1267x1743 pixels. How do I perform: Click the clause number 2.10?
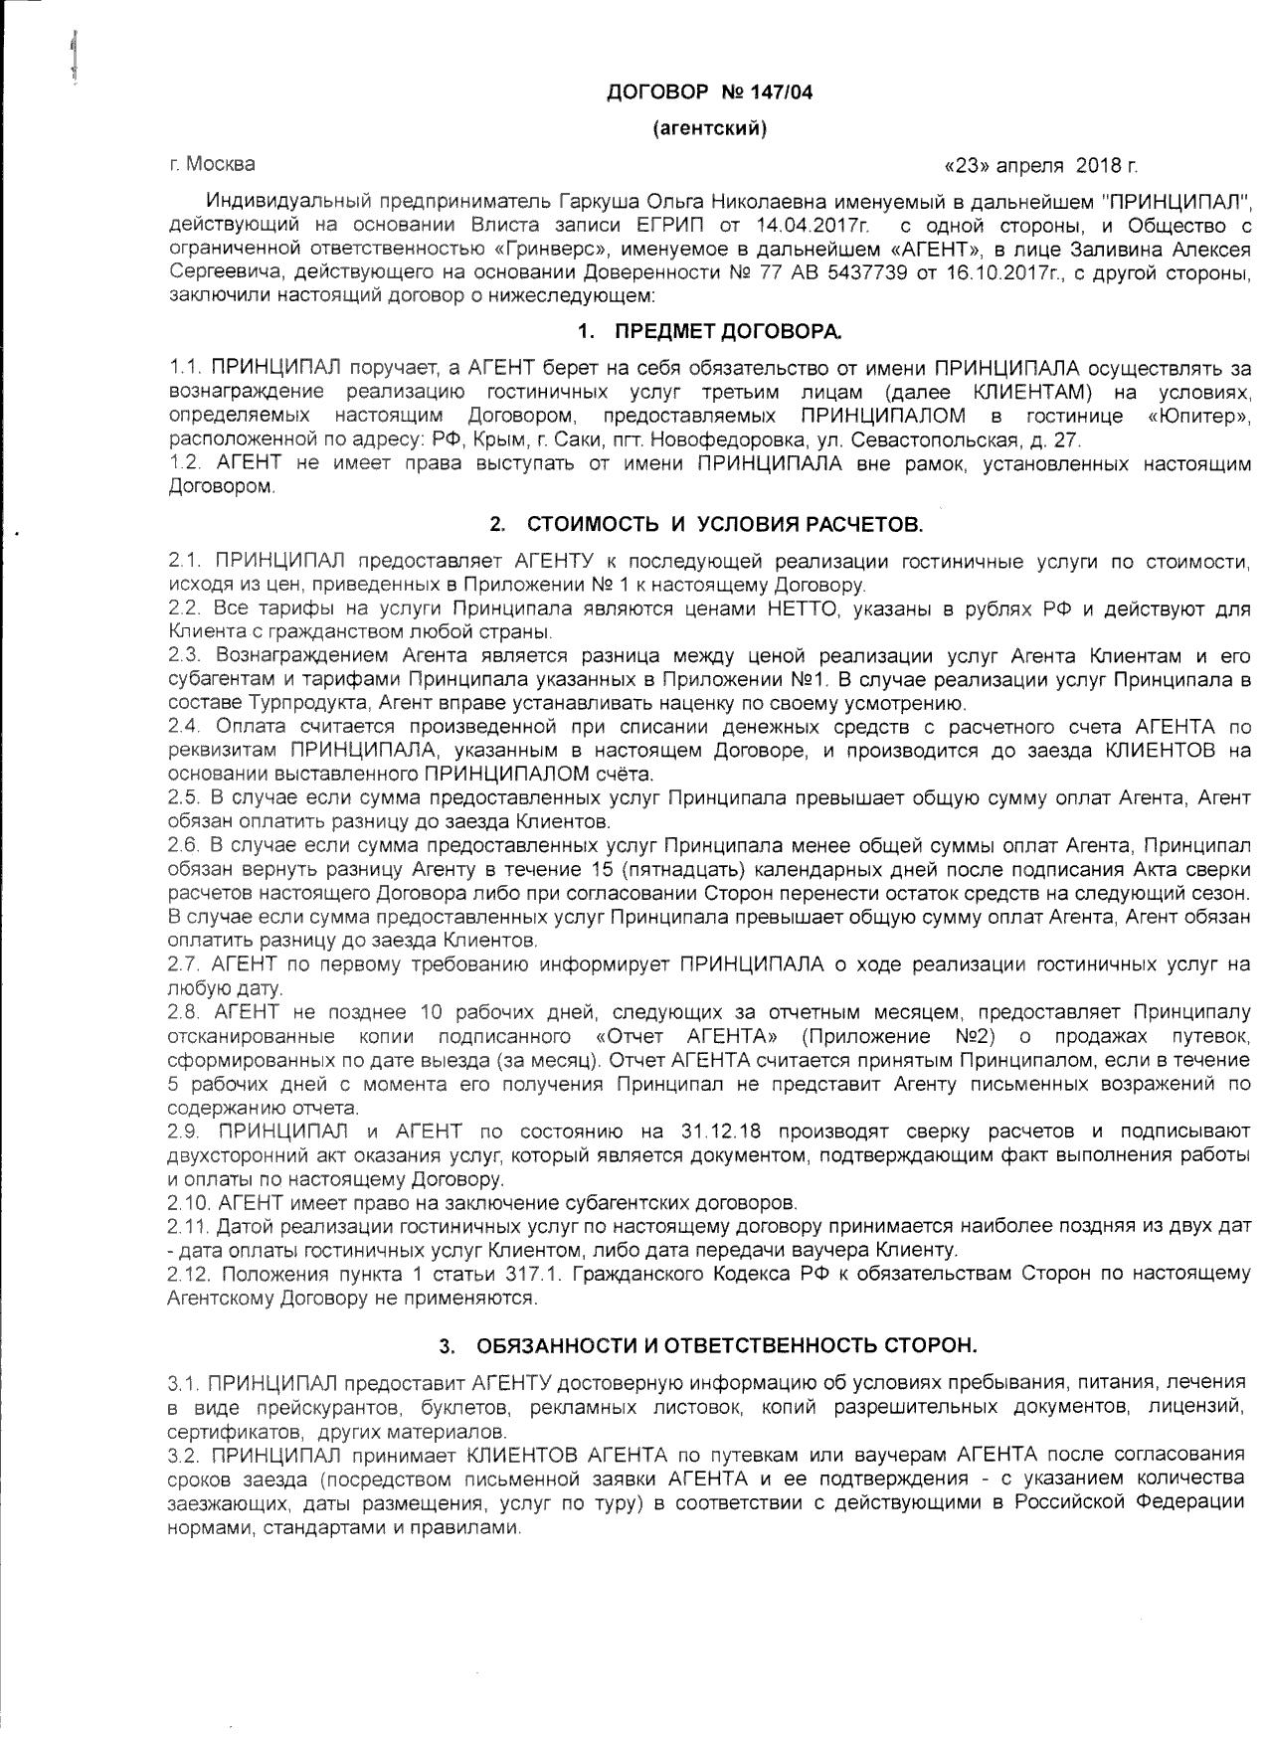(x=188, y=1203)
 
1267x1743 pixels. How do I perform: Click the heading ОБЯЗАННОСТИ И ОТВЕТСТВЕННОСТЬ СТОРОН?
(x=726, y=1346)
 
